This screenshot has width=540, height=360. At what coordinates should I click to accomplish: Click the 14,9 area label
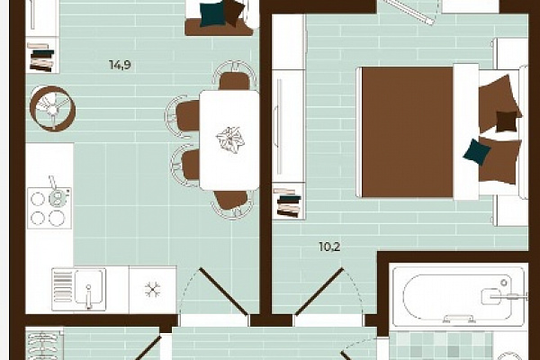120,65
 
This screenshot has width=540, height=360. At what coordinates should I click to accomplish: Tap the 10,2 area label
329,247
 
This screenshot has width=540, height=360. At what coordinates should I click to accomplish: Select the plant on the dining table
230,139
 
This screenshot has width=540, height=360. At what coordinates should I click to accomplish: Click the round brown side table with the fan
52,109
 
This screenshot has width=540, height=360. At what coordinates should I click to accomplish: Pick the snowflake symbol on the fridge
153,290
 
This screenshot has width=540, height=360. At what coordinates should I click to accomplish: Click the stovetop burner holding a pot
57,197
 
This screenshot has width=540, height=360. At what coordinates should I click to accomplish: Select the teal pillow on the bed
477,152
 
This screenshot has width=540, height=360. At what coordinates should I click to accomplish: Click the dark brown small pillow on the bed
507,121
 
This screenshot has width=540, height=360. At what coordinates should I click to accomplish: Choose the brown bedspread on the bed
408,132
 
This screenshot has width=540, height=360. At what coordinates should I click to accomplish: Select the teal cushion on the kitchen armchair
212,13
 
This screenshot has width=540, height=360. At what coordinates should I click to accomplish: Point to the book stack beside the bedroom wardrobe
288,202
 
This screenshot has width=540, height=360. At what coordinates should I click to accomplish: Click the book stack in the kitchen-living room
41,58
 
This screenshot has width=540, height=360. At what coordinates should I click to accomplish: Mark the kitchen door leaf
223,292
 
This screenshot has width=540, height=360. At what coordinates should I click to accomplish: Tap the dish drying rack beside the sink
63,286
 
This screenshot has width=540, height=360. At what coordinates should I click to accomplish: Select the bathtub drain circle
504,283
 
